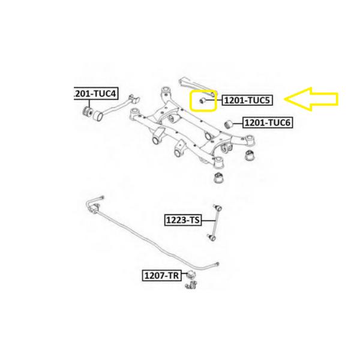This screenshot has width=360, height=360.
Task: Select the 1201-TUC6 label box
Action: [x=267, y=124]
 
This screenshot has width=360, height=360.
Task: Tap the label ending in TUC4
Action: [x=95, y=94]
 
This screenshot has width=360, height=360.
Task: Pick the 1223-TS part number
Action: [x=182, y=220]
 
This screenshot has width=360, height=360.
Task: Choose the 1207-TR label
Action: [x=160, y=276]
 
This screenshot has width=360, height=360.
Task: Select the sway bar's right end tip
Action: [x=217, y=262]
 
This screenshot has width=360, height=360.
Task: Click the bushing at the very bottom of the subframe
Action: [x=218, y=178]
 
